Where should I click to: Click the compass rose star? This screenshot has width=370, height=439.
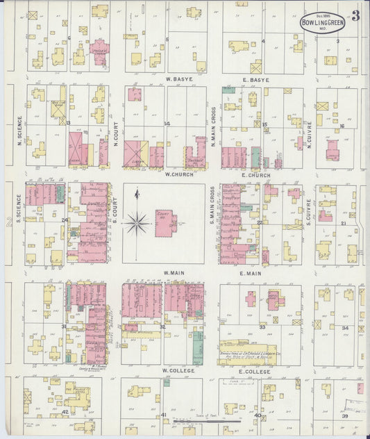tap(137, 223)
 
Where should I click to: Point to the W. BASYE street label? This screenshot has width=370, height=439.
tap(178, 80)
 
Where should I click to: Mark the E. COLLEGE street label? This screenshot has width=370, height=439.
tap(257, 371)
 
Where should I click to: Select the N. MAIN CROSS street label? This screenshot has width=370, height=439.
tap(213, 129)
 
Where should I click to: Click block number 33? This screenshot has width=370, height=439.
tap(262, 326)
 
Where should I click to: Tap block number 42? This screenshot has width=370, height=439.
tap(65, 412)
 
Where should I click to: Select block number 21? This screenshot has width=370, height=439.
tap(344, 224)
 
